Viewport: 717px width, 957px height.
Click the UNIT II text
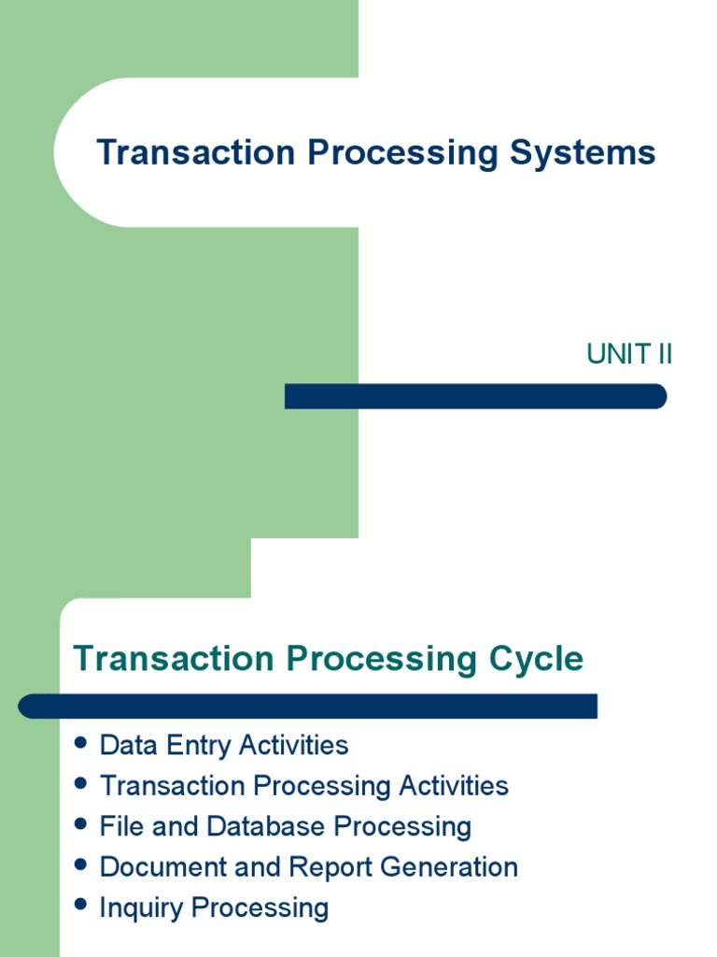[x=629, y=355]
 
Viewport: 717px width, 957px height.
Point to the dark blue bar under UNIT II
[x=475, y=396]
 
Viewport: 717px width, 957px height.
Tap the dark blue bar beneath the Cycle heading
[x=308, y=706]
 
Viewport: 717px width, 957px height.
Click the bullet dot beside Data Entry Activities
[x=81, y=743]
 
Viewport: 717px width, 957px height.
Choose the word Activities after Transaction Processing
[x=454, y=785]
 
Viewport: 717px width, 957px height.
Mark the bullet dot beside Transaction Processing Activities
[x=81, y=783]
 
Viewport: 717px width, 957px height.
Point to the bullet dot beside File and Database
[x=81, y=824]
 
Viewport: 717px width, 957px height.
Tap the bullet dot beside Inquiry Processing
[x=81, y=906]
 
